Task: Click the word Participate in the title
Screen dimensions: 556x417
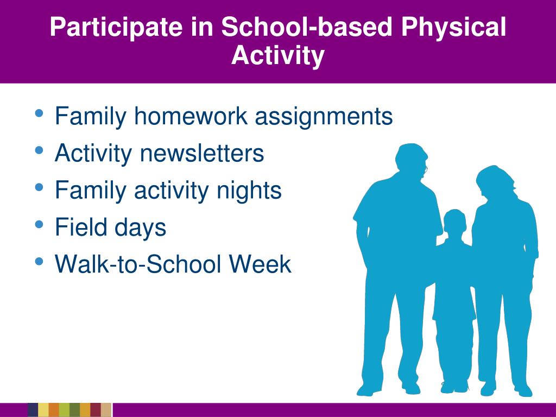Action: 116,27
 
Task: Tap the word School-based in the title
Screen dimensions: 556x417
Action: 307,27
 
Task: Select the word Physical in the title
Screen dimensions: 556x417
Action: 453,27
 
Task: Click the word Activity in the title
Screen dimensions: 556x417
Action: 277,55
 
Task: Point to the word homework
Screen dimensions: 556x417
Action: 191,116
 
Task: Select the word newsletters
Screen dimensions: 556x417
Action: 202,153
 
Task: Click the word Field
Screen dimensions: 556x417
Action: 81,227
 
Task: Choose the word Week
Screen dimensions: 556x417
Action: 260,264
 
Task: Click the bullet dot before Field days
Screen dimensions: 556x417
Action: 39,224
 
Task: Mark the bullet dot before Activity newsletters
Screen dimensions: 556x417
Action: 39,150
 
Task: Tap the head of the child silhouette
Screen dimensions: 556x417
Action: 454,220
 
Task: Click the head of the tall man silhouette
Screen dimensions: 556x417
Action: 412,159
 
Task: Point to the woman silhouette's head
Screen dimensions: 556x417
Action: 494,182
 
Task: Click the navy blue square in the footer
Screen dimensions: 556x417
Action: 33,410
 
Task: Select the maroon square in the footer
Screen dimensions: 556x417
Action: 96,410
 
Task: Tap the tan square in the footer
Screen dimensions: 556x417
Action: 106,410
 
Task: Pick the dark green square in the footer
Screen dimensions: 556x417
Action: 75,410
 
